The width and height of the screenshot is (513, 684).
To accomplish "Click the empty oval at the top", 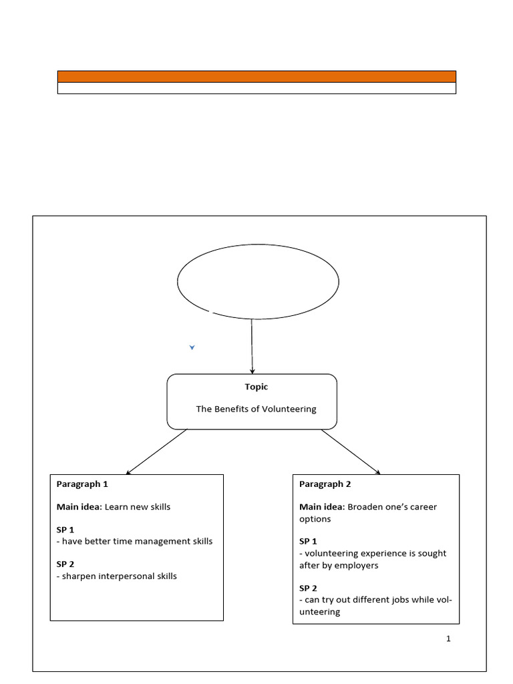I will [x=258, y=281].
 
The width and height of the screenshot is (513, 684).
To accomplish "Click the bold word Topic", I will [x=256, y=387].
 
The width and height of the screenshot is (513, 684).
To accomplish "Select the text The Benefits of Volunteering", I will [x=256, y=409].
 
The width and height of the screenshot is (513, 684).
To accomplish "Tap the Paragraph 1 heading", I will [x=82, y=484].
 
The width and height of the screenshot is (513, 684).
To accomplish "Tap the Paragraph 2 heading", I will [x=325, y=484].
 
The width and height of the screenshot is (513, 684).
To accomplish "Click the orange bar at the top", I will [x=256, y=76].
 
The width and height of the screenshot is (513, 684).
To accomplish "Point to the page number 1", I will [x=448, y=639].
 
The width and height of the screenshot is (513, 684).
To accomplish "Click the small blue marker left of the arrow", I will [x=192, y=347].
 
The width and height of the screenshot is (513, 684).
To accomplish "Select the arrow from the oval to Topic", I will [x=252, y=346].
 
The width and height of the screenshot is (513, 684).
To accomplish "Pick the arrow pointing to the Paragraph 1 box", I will [x=156, y=452].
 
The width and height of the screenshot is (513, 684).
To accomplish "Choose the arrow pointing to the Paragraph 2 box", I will [x=351, y=452].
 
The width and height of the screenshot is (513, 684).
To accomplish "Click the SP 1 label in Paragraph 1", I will [x=65, y=530].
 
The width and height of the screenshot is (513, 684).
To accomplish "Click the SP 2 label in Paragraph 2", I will [x=308, y=588].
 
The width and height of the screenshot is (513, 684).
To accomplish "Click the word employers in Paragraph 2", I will [x=360, y=565].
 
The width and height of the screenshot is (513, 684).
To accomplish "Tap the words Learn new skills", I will [x=138, y=507].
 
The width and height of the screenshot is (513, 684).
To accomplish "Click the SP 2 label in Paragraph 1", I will [x=65, y=564].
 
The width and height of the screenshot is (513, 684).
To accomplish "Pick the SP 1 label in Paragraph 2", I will [x=308, y=541].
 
